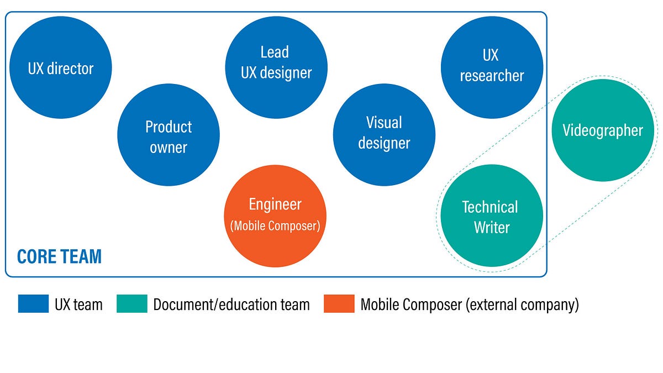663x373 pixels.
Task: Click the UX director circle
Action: (x=61, y=67)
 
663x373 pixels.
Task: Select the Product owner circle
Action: (x=169, y=135)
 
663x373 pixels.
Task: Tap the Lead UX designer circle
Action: (x=276, y=67)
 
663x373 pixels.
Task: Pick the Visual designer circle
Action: (x=384, y=135)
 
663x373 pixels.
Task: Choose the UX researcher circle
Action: (x=492, y=67)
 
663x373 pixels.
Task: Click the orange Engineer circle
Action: (x=275, y=216)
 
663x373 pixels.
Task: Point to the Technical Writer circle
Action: (x=492, y=216)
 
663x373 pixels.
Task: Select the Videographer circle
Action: (x=603, y=130)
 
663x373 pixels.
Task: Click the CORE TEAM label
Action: (x=60, y=256)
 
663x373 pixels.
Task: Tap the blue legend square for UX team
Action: (x=34, y=303)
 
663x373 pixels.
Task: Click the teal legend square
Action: (x=132, y=303)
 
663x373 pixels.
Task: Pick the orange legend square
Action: (x=339, y=303)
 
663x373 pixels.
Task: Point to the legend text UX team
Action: (x=78, y=304)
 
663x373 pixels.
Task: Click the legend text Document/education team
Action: (x=231, y=304)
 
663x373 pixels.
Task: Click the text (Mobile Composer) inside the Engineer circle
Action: (x=275, y=226)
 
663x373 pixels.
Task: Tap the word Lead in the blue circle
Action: (x=275, y=52)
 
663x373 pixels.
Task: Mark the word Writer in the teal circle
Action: (x=492, y=227)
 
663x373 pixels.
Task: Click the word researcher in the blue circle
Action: (x=492, y=76)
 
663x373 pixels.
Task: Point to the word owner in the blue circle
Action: (x=169, y=148)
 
